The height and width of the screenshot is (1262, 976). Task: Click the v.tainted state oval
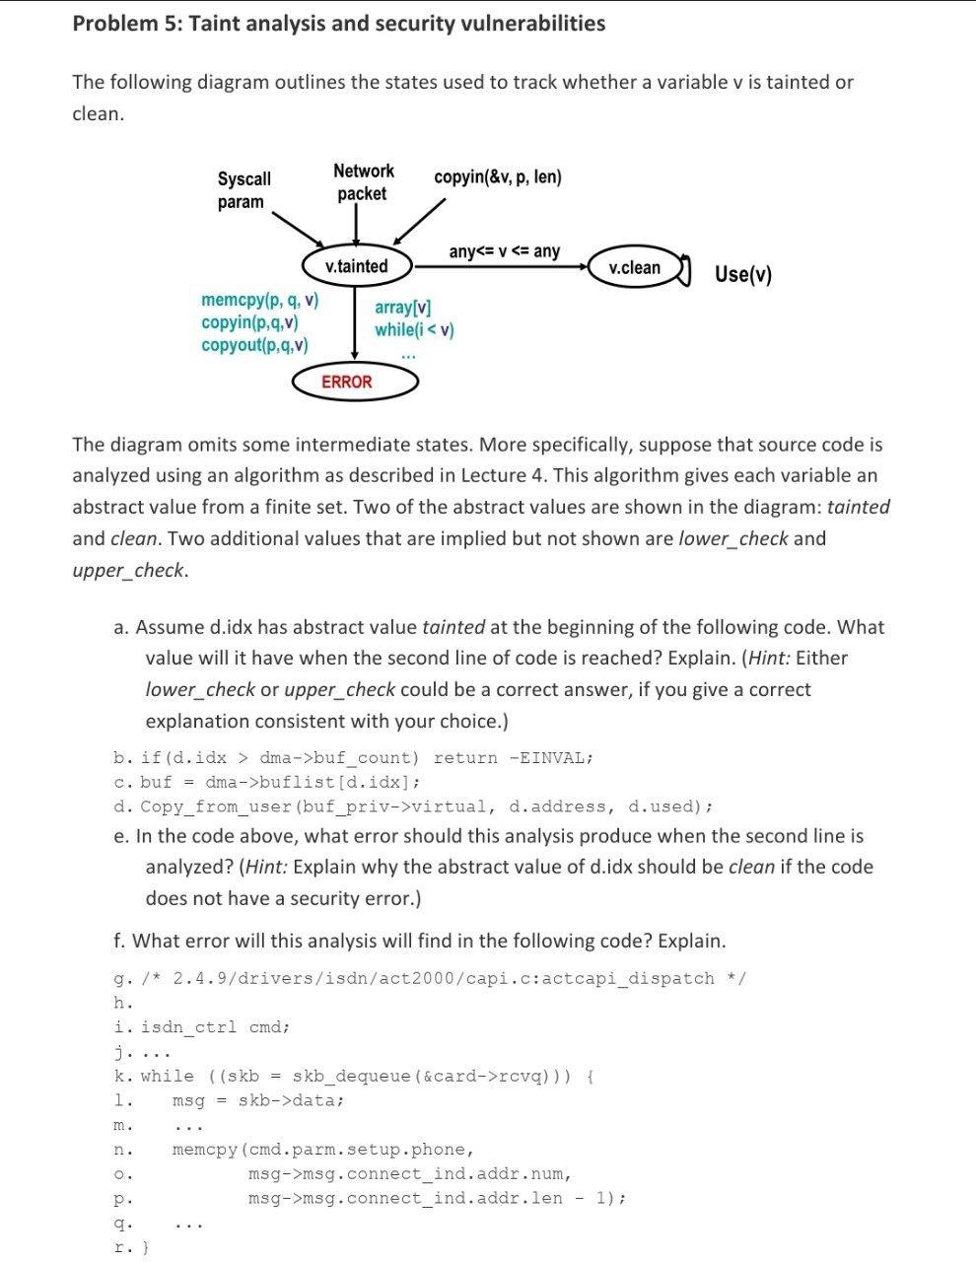click(x=356, y=266)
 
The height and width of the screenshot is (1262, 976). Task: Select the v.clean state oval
click(x=635, y=267)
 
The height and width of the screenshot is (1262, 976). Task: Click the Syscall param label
click(x=244, y=190)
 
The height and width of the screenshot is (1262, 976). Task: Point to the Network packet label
click(x=363, y=182)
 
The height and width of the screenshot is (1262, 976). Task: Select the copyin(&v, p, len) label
click(x=498, y=177)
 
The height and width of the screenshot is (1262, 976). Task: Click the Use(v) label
click(x=743, y=274)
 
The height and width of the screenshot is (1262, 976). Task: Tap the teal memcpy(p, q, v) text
click(x=259, y=300)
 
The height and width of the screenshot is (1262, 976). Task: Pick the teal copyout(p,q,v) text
click(x=254, y=345)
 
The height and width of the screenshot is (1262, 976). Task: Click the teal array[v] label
click(x=402, y=308)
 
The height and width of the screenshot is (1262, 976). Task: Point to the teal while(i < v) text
click(x=414, y=329)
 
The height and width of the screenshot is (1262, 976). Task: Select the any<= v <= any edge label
click(x=504, y=251)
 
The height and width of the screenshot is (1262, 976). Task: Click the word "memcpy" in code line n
click(x=204, y=1150)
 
